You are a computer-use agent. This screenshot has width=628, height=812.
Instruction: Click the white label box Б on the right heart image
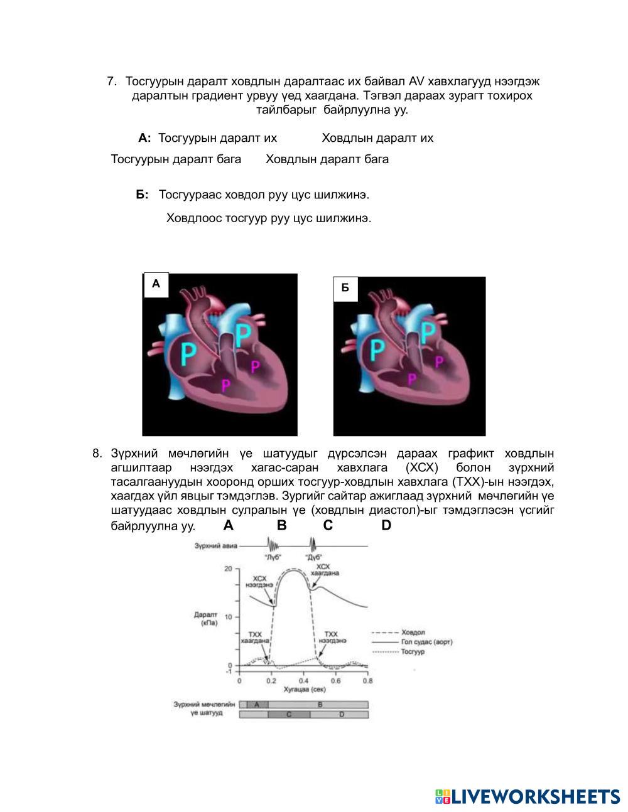click(x=345, y=289)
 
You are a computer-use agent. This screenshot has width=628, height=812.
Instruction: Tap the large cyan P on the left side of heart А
click(x=188, y=354)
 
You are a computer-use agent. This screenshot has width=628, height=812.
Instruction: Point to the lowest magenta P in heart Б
click(x=411, y=379)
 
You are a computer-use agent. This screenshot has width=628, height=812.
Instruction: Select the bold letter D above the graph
click(x=386, y=526)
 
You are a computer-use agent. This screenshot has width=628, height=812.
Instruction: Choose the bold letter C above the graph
click(x=328, y=526)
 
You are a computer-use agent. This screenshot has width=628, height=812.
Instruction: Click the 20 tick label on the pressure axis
click(x=229, y=569)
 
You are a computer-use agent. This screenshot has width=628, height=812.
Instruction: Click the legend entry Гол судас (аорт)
click(x=426, y=642)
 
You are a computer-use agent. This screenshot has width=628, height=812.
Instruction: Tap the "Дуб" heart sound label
click(x=313, y=557)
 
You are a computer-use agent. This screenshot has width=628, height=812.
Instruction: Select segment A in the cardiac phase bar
click(x=257, y=705)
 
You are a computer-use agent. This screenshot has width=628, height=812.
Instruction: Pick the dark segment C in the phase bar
click(x=289, y=715)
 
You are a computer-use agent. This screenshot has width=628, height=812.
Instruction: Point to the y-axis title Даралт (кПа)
click(x=206, y=619)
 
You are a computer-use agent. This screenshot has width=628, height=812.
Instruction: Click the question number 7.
click(x=111, y=82)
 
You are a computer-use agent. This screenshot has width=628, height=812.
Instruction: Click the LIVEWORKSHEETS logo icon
click(x=443, y=797)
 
